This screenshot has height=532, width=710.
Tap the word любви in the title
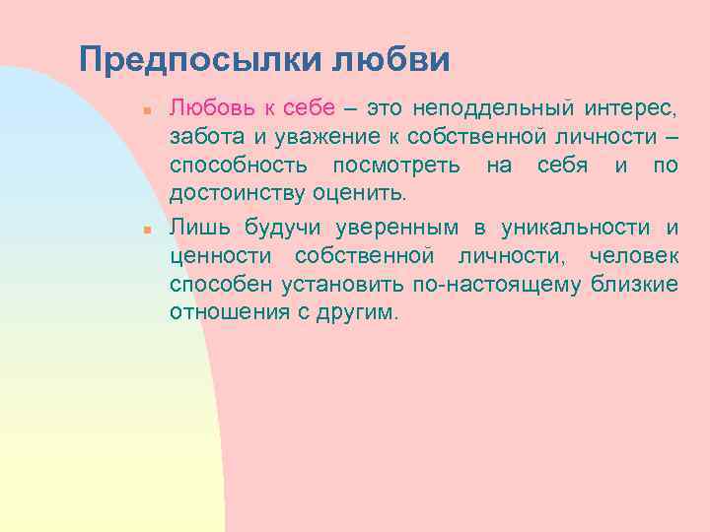(x=391, y=60)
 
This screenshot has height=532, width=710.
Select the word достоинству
(x=238, y=192)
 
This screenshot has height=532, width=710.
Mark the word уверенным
(x=396, y=228)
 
